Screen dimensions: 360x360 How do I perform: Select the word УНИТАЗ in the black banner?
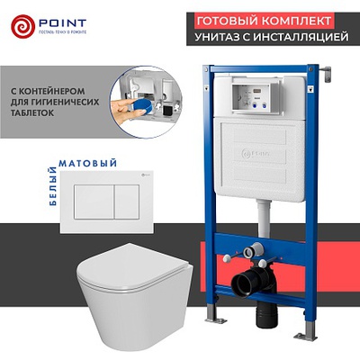click(x=225, y=39)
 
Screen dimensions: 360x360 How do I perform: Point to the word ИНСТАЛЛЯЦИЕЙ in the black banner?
click(x=299, y=39)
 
